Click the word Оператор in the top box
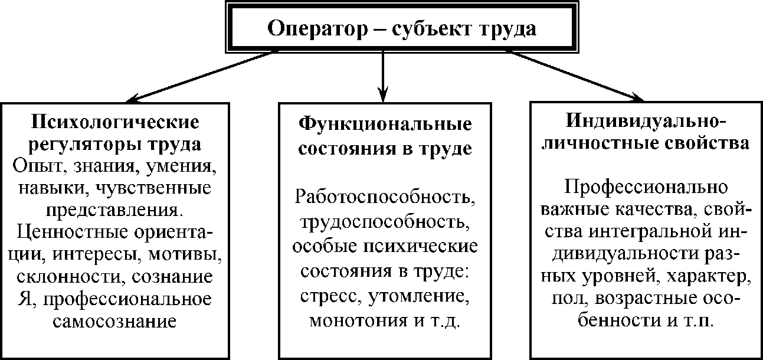point(312,28)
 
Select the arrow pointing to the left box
point(201,76)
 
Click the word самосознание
point(115,322)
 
